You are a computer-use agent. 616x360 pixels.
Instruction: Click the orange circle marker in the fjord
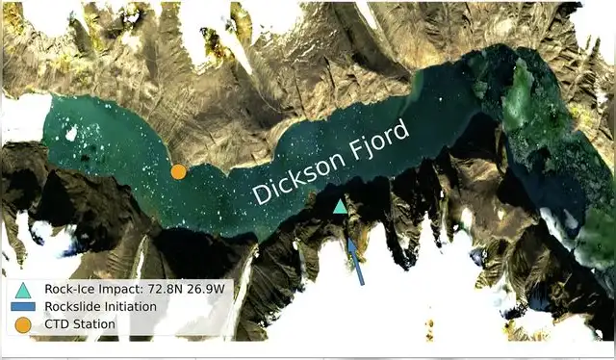tap(178, 171)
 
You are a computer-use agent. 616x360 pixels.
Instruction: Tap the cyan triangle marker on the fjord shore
tap(340, 206)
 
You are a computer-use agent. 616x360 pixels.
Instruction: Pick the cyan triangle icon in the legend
tap(24, 289)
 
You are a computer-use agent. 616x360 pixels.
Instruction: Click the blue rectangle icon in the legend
tap(24, 307)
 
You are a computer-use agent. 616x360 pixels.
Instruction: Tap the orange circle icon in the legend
tap(24, 324)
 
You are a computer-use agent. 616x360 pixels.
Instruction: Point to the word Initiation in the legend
tap(131, 307)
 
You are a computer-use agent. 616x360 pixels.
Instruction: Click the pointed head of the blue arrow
tap(349, 240)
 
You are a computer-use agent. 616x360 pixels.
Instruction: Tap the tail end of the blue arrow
tap(363, 283)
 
